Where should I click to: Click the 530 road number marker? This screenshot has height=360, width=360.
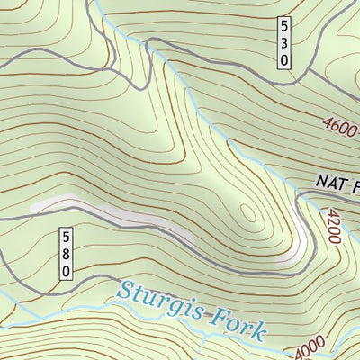click(283, 42)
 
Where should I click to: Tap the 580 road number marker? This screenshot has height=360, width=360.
click(65, 254)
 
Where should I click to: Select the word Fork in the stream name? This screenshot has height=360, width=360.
click(237, 323)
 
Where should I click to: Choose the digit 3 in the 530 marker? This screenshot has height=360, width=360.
click(283, 42)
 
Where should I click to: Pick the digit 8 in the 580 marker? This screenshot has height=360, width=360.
click(65, 254)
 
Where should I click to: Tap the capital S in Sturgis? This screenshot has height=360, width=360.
click(125, 291)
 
